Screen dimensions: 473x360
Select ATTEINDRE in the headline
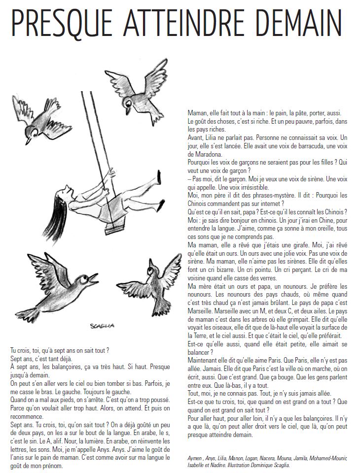[175, 22]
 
